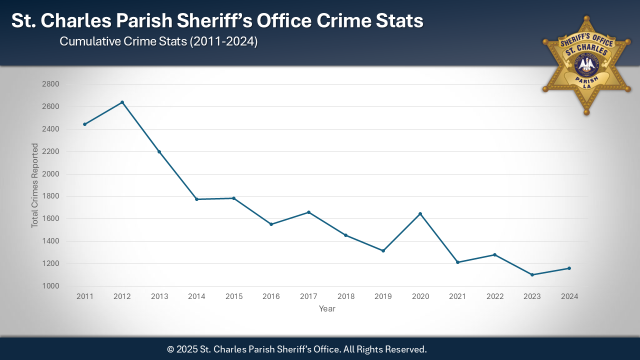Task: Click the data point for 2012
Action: click(122, 102)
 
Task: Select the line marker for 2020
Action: click(420, 214)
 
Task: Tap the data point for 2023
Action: click(532, 275)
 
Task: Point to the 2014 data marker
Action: click(196, 199)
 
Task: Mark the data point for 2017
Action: click(308, 212)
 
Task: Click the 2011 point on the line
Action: click(84, 124)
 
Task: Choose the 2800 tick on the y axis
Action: click(51, 84)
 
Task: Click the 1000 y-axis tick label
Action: click(51, 286)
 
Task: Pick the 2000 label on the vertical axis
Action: click(51, 174)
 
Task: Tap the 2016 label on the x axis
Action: click(271, 296)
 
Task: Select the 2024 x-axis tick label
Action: click(569, 296)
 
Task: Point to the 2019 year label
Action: click(383, 296)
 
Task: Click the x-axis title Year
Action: click(327, 309)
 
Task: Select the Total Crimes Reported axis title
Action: click(35, 185)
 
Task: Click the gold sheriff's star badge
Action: click(586, 64)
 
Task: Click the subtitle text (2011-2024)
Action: click(223, 41)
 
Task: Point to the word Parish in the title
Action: click(156, 21)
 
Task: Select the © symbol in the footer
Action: click(170, 349)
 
